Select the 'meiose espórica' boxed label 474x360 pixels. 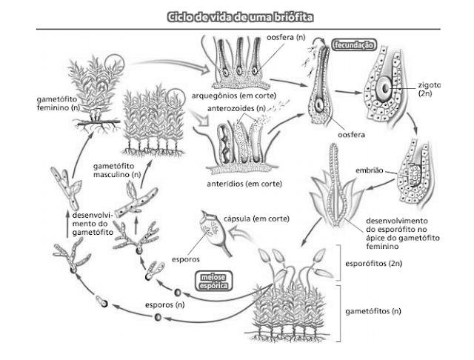213,280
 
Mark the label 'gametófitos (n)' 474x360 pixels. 375,310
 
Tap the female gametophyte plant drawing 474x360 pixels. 93,85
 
